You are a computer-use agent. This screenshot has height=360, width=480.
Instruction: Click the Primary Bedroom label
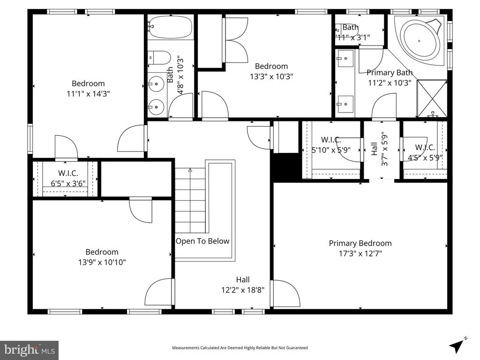(360, 243)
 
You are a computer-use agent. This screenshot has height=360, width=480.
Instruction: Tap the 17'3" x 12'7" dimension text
(360, 254)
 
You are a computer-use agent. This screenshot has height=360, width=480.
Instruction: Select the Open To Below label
(202, 241)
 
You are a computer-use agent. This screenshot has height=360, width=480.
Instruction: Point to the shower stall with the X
(432, 98)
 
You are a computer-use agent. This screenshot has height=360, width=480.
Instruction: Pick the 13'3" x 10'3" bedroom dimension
(271, 76)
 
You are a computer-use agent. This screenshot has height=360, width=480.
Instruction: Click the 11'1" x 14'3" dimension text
(88, 94)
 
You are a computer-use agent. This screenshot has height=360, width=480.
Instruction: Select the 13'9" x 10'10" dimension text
(102, 262)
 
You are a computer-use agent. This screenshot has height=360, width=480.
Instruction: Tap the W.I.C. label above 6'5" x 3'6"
(68, 173)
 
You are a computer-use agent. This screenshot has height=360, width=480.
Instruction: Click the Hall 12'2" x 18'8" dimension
(243, 290)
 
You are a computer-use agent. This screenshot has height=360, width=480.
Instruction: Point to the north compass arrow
(457, 345)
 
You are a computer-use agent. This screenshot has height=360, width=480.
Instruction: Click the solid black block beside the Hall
(286, 167)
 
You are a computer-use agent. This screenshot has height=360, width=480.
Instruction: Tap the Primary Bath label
(390, 73)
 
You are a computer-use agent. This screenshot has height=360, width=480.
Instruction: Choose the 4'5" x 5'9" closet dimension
(425, 158)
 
